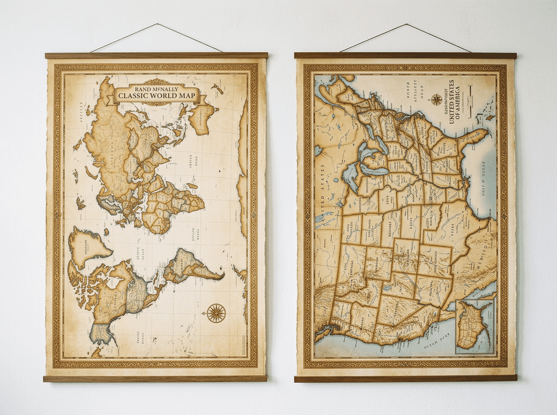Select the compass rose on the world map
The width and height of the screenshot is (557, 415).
coord(216,313)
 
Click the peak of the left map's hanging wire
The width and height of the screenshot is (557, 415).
coord(158,24)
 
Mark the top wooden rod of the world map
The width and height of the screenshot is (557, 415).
coord(156,56)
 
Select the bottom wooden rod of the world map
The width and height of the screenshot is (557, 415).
coord(155,378)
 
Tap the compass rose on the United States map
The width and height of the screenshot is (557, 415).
coord(436,100)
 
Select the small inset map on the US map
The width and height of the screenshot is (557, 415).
coord(475,325)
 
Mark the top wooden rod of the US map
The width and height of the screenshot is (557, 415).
coord(405,56)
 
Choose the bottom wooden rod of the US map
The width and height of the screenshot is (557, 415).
coord(405,378)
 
